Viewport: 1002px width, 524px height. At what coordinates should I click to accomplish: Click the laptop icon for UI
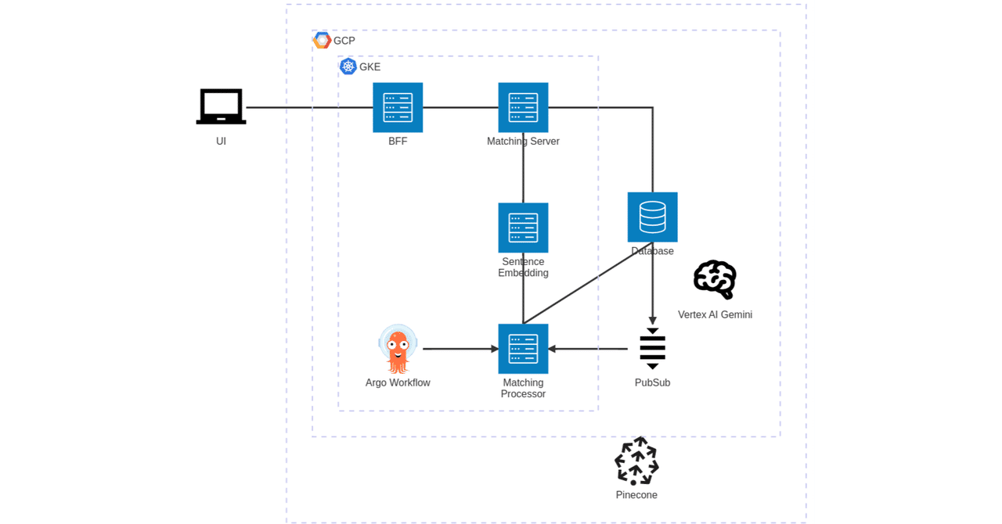(221, 106)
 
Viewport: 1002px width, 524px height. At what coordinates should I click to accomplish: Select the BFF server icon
(398, 107)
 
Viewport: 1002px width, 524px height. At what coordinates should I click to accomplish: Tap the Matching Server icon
(523, 107)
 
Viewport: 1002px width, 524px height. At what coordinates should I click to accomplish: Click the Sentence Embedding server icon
(523, 228)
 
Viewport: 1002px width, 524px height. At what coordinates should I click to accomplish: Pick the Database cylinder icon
(652, 217)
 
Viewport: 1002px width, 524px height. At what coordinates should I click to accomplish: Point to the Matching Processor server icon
(523, 349)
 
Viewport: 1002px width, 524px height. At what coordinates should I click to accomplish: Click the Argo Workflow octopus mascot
(398, 349)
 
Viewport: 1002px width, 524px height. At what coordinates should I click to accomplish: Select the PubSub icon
(652, 349)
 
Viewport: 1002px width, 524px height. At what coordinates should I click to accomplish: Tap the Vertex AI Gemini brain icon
(715, 279)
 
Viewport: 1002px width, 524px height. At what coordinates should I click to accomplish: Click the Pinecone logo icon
(636, 461)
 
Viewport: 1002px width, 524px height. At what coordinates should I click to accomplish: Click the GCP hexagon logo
(321, 40)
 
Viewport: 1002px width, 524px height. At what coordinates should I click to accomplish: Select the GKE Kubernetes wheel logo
(348, 66)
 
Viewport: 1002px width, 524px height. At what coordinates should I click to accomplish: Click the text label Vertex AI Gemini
(715, 314)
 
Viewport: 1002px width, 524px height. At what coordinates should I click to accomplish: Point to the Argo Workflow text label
(398, 382)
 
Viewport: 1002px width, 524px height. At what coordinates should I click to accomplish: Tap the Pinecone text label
(636, 495)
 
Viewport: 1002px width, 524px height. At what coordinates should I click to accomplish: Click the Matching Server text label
(523, 142)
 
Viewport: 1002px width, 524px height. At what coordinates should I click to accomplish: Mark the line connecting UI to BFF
(309, 107)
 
